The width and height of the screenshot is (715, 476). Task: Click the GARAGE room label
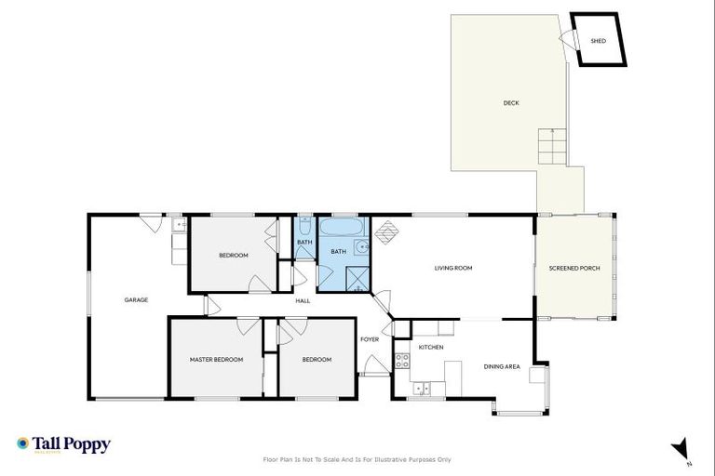click(x=136, y=299)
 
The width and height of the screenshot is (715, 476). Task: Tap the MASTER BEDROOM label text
click(x=216, y=359)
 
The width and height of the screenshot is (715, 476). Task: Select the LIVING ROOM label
click(x=453, y=268)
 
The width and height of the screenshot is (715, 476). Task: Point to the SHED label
click(x=599, y=41)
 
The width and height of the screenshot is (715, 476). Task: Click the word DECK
click(x=510, y=103)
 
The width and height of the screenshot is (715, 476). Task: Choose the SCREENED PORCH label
click(x=574, y=268)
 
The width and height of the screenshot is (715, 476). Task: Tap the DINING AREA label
click(x=501, y=366)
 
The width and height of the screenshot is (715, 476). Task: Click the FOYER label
click(x=370, y=339)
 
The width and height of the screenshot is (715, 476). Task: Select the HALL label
click(x=303, y=300)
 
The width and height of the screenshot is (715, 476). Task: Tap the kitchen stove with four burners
click(x=402, y=361)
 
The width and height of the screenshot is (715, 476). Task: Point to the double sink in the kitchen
click(x=422, y=388)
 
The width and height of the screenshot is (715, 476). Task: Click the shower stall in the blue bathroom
click(x=356, y=276)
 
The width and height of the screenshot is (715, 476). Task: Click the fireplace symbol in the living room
click(x=385, y=231)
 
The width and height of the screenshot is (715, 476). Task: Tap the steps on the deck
click(x=551, y=146)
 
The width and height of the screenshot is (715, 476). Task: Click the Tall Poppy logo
click(x=63, y=444)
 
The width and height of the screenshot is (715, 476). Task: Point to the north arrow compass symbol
click(x=681, y=449)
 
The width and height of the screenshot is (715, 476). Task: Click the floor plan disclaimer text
click(x=357, y=459)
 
